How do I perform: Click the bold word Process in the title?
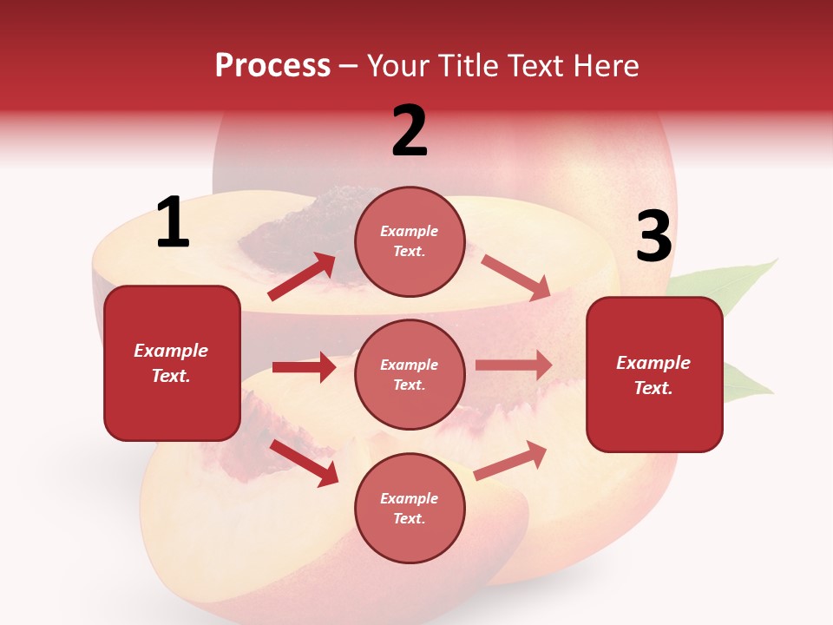click(272, 66)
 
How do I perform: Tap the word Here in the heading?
click(605, 66)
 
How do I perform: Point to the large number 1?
click(173, 223)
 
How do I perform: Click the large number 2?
click(410, 131)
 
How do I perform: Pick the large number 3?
click(654, 237)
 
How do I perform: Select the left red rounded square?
click(172, 363)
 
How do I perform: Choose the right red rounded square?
click(654, 374)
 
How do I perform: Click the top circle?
click(410, 241)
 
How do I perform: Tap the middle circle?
click(410, 374)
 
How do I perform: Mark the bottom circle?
click(410, 508)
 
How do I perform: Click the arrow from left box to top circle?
click(302, 277)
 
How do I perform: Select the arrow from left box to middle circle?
click(304, 367)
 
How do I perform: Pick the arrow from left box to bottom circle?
click(304, 462)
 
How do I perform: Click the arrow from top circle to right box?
click(515, 277)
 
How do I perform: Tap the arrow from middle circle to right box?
click(514, 365)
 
